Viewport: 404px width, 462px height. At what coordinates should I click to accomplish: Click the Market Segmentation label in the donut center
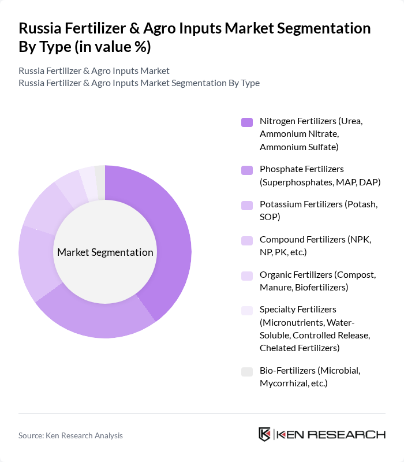105,252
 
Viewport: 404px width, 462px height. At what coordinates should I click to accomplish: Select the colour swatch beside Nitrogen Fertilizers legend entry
246,122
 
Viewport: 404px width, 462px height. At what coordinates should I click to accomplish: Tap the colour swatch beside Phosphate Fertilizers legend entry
246,170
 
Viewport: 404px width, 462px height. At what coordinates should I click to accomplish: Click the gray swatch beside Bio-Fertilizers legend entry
246,371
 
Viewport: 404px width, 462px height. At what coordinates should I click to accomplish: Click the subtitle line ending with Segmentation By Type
139,83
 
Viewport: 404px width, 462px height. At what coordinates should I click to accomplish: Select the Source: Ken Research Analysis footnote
70,435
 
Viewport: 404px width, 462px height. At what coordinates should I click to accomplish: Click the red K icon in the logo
264,434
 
